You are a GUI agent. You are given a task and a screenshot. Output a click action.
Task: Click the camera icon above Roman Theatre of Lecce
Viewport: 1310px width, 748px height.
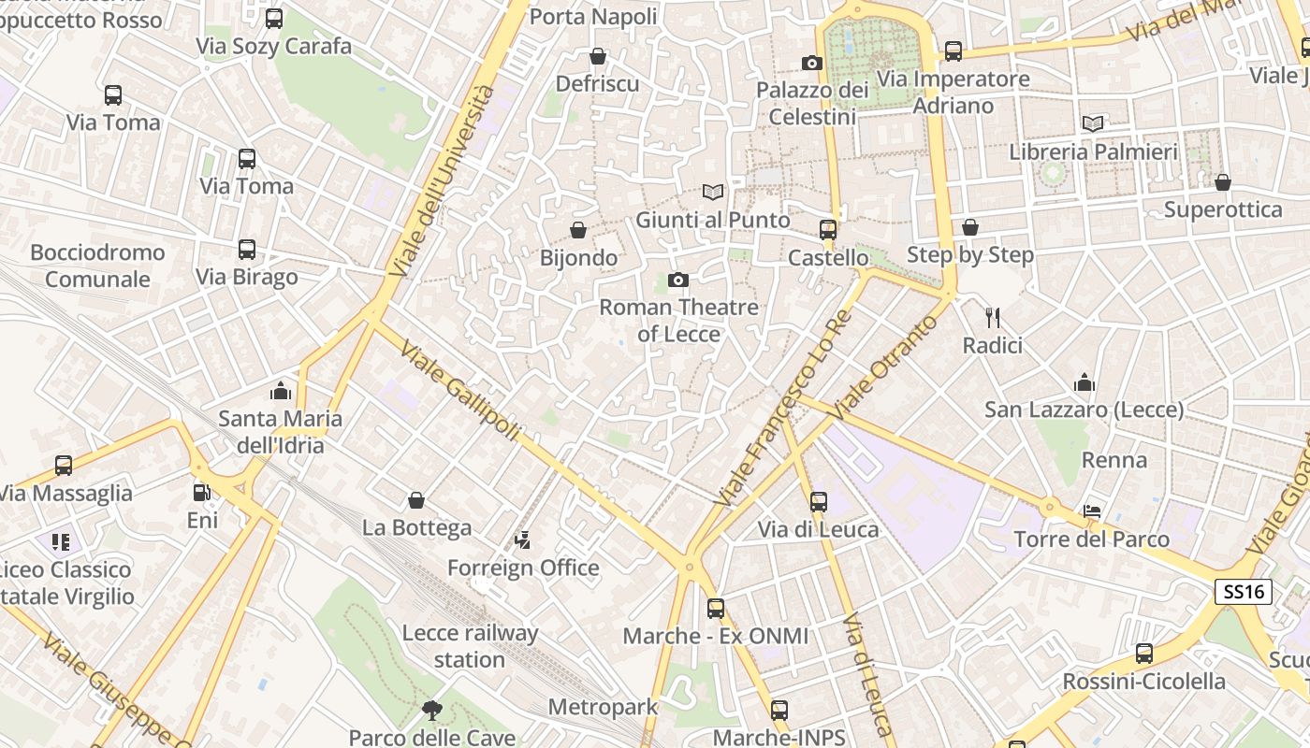pyautogui.click(x=678, y=280)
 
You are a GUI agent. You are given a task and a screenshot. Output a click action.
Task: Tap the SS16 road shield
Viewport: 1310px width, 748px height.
pyautogui.click(x=1244, y=592)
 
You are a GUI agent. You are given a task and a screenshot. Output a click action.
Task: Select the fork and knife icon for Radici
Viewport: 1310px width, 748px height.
pyautogui.click(x=993, y=318)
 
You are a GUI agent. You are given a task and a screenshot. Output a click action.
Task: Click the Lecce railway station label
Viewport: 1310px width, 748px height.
pyautogui.click(x=470, y=646)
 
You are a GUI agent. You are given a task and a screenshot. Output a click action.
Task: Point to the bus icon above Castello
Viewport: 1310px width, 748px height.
pyautogui.click(x=827, y=230)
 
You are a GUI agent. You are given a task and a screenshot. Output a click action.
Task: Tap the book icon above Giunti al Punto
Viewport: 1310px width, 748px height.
pyautogui.click(x=713, y=193)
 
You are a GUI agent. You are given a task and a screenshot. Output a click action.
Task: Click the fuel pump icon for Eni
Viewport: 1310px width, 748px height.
pyautogui.click(x=201, y=493)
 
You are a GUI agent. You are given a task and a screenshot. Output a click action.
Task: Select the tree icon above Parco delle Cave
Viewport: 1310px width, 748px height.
pyautogui.click(x=431, y=711)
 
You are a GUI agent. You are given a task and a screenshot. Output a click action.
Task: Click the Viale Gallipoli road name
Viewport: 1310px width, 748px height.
pyautogui.click(x=459, y=391)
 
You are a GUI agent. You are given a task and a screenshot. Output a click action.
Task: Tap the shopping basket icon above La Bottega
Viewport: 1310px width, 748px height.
pyautogui.click(x=416, y=501)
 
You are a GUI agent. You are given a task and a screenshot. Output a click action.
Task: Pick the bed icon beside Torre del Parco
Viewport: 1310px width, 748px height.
pyautogui.click(x=1092, y=511)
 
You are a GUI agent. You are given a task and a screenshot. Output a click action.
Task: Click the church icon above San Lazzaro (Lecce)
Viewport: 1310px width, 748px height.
pyautogui.click(x=1084, y=382)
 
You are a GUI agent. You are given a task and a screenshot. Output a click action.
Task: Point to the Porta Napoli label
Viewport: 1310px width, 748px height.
pyautogui.click(x=593, y=17)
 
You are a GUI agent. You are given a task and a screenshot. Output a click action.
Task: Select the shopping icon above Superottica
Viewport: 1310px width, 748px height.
pyautogui.click(x=1222, y=182)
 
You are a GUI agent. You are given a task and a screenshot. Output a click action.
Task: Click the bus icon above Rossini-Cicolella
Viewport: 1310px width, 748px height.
pyautogui.click(x=1143, y=654)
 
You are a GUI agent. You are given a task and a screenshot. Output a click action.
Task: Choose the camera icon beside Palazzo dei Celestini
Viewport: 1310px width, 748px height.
pyautogui.click(x=812, y=64)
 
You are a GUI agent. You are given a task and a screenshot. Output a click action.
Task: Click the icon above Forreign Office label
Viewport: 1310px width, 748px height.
pyautogui.click(x=523, y=539)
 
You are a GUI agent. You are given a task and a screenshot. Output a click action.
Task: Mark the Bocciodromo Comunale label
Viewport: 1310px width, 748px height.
pyautogui.click(x=97, y=266)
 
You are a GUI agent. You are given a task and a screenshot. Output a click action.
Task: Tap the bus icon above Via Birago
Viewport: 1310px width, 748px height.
pyautogui.click(x=247, y=250)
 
